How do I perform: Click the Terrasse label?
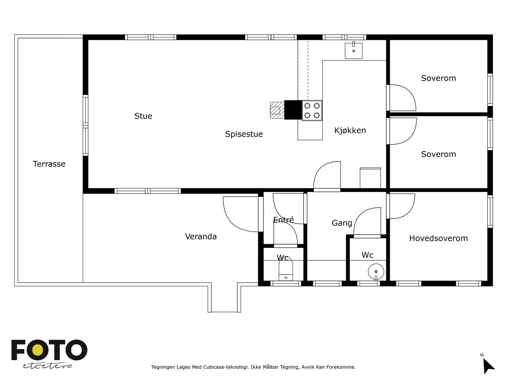click(x=49, y=164)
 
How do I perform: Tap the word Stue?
click(x=143, y=116)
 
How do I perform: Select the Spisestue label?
click(x=244, y=134)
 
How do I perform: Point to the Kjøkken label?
click(x=350, y=130)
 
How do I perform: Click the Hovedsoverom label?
click(x=439, y=238)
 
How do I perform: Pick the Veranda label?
click(x=201, y=237)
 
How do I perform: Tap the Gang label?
click(x=342, y=223)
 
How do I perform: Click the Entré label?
click(x=283, y=220)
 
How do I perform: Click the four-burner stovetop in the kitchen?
click(x=312, y=110)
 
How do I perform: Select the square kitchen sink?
click(x=353, y=51)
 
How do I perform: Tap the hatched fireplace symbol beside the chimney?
click(x=277, y=110)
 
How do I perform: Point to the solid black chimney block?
click(x=293, y=110)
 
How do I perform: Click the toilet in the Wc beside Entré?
click(x=286, y=269)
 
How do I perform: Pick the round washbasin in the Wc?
click(x=376, y=272)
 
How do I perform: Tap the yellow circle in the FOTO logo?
click(x=38, y=350)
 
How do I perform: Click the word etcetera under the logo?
click(x=47, y=366)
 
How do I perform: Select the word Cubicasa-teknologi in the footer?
click(x=225, y=367)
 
